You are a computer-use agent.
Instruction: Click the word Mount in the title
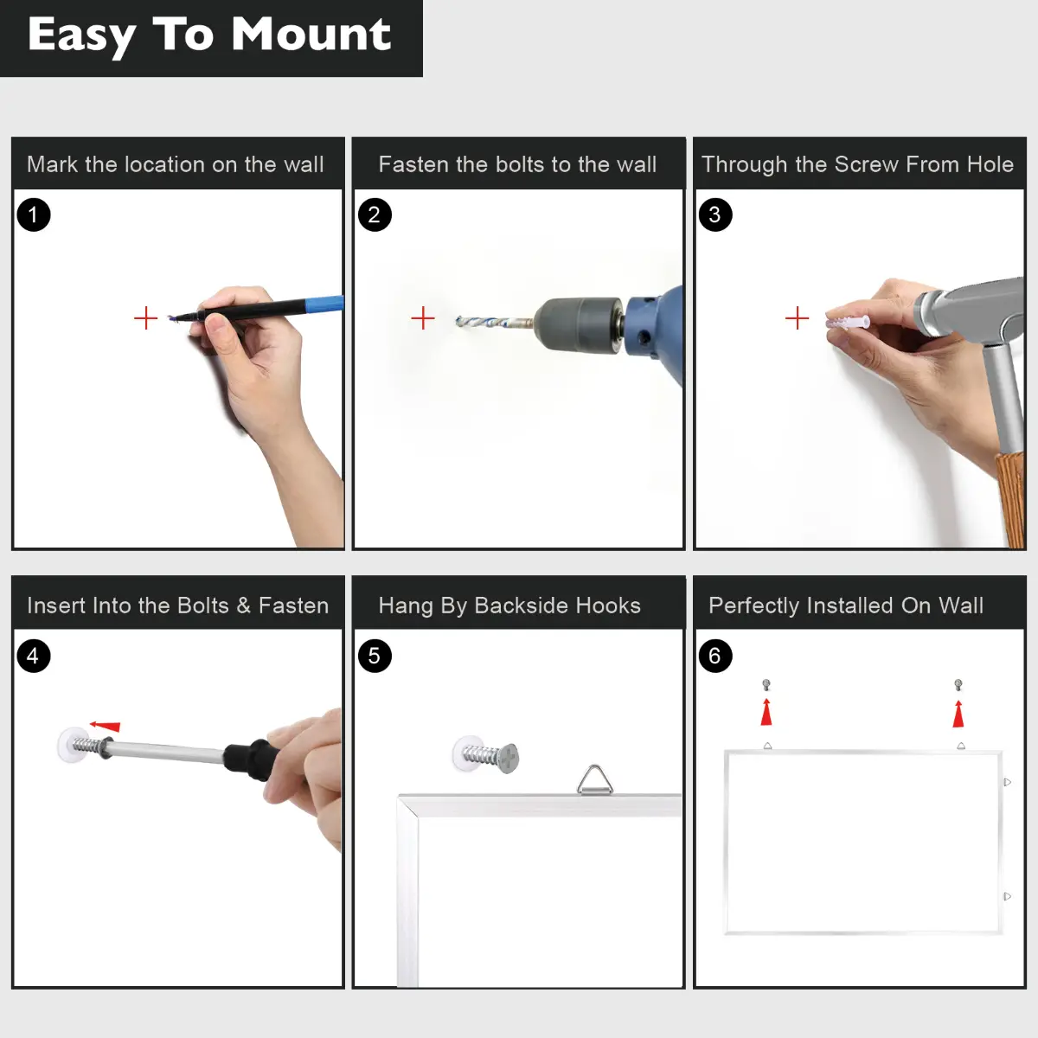pyautogui.click(x=311, y=34)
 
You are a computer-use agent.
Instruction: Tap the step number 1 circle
pyautogui.click(x=34, y=215)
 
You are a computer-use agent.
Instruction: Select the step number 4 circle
pyautogui.click(x=34, y=656)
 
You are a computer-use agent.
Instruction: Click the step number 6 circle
pyautogui.click(x=714, y=656)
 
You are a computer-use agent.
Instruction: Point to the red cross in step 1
pyautogui.click(x=145, y=317)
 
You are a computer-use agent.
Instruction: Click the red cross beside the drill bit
pyautogui.click(x=423, y=317)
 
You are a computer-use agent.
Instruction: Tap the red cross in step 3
pyautogui.click(x=797, y=317)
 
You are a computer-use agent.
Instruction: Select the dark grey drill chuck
pyautogui.click(x=579, y=324)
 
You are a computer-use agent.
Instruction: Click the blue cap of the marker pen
pyautogui.click(x=324, y=304)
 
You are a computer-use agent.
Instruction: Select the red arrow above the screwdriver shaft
pyautogui.click(x=105, y=726)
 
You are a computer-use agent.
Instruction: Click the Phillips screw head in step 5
pyautogui.click(x=509, y=758)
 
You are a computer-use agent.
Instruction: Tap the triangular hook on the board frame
pyautogui.click(x=594, y=778)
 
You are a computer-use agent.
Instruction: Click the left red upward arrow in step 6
pyautogui.click(x=766, y=712)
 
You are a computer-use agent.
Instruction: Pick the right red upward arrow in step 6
pyautogui.click(x=958, y=713)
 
